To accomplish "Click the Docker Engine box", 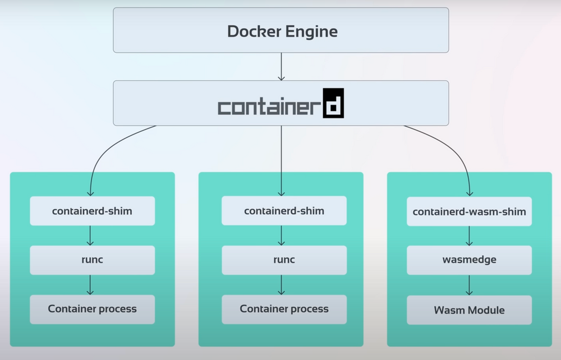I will [x=281, y=30].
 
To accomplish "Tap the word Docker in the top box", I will [x=250, y=31].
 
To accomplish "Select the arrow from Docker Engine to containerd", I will [x=281, y=66].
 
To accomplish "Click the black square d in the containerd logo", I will [x=333, y=103].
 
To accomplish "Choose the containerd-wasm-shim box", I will [x=469, y=211].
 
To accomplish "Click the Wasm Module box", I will [x=469, y=310].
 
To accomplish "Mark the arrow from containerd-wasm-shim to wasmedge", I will [x=469, y=236].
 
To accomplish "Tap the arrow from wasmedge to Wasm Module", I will [x=469, y=285].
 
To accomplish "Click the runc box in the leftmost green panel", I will [x=92, y=260].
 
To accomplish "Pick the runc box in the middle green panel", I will [x=284, y=260].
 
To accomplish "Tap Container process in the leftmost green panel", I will [x=92, y=309].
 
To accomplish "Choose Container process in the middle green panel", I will [x=284, y=309].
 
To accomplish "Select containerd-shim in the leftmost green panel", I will [x=92, y=211].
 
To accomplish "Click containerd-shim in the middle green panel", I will [x=284, y=211].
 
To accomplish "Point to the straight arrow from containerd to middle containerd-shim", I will [x=281, y=160].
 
